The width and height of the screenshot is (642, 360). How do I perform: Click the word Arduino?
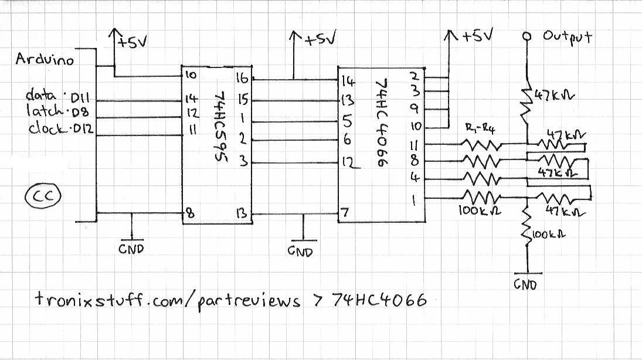coord(45,60)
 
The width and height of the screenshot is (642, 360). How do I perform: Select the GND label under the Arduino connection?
coord(131,248)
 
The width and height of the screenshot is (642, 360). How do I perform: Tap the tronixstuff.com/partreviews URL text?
coord(167,301)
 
